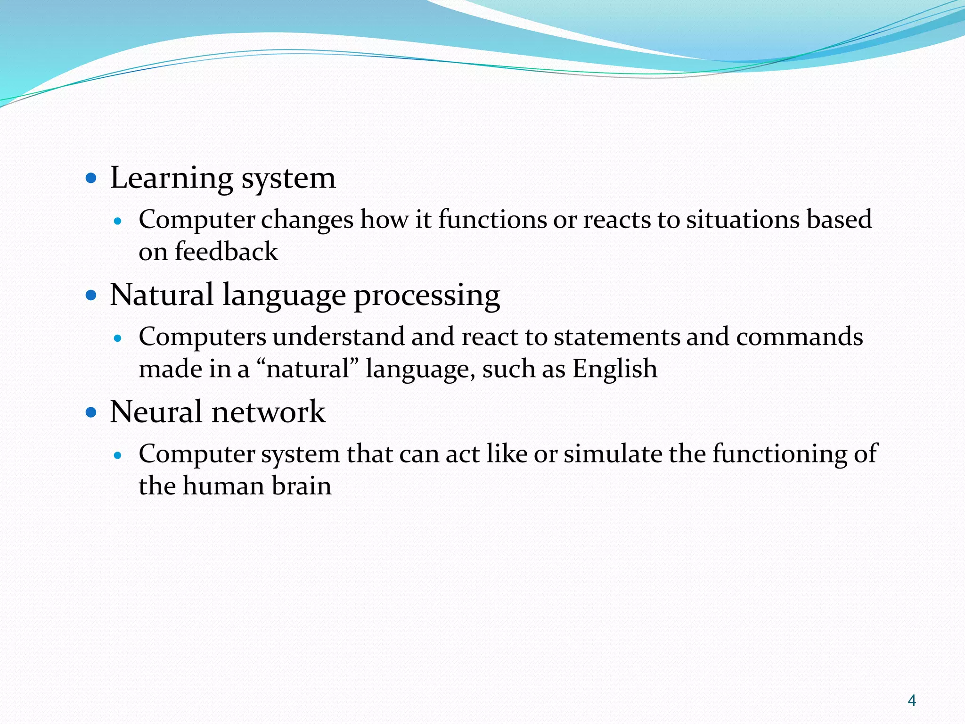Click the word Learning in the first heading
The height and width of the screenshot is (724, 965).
[172, 178]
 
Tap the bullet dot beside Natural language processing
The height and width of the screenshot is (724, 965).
[91, 296]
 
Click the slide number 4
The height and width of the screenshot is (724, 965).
[911, 700]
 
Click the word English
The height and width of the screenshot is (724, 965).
[614, 369]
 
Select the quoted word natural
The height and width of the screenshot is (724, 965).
[308, 369]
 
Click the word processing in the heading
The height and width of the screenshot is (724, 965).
[426, 296]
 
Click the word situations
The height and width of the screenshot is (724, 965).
[743, 220]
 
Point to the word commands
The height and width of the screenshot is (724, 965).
[799, 337]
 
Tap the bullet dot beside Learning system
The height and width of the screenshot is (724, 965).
[91, 179]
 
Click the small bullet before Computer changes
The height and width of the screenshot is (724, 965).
[118, 221]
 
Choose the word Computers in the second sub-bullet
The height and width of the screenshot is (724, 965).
[203, 337]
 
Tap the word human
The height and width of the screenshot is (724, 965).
[223, 485]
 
